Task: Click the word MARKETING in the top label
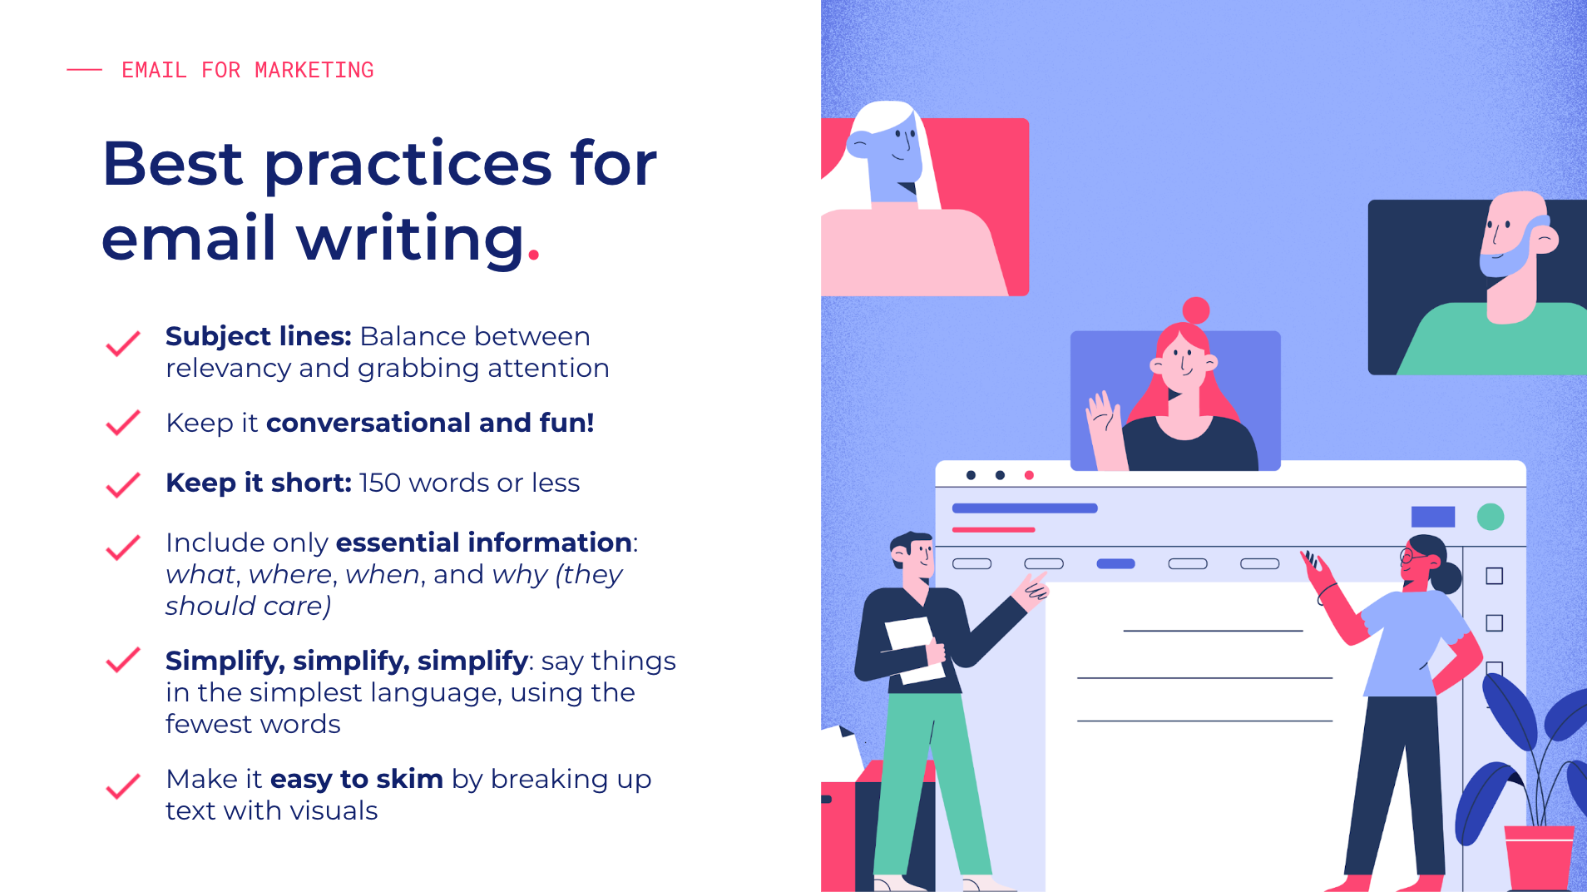pos(314,70)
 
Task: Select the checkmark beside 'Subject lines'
pos(123,344)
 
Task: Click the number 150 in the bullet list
pos(380,483)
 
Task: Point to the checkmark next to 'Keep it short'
pos(123,485)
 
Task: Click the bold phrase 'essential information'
pos(483,543)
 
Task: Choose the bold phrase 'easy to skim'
pos(356,779)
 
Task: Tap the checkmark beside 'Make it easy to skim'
pos(123,786)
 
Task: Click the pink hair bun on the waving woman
pos(1196,310)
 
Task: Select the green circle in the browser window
pos(1491,517)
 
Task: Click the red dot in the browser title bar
pos(1029,475)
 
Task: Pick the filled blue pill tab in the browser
pos(1116,563)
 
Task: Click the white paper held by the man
pos(913,650)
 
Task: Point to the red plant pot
pos(1539,857)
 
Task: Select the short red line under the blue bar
pos(993,529)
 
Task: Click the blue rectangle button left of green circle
pos(1433,517)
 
